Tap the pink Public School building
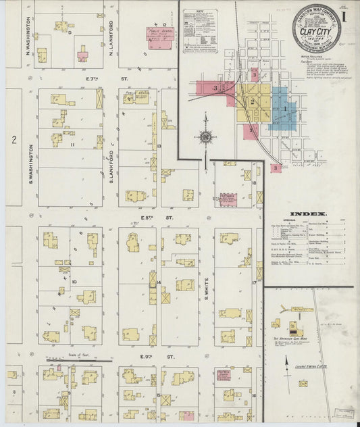click(159, 36)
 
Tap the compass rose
click(205, 136)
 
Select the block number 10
click(74, 282)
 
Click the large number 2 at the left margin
click(13, 140)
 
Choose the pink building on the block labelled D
click(82, 55)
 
